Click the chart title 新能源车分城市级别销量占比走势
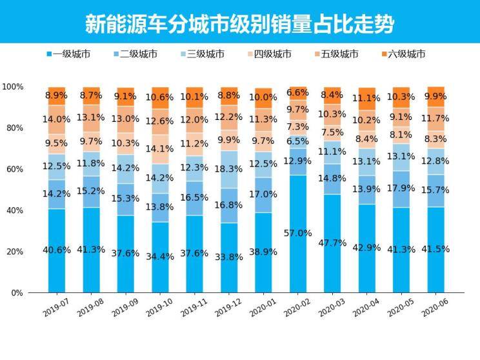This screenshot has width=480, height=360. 239,24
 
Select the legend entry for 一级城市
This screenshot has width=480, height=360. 70,54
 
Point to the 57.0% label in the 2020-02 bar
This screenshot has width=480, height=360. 298,233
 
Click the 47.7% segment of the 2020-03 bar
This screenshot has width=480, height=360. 333,243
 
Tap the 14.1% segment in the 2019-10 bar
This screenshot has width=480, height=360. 160,149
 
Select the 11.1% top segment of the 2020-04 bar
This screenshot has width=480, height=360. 367,98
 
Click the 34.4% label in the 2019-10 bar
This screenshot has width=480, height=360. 160,257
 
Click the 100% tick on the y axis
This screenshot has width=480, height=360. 13,86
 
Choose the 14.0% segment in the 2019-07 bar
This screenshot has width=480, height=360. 57,119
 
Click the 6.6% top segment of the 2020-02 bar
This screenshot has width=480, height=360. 298,93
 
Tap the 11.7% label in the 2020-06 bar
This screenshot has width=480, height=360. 436,119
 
